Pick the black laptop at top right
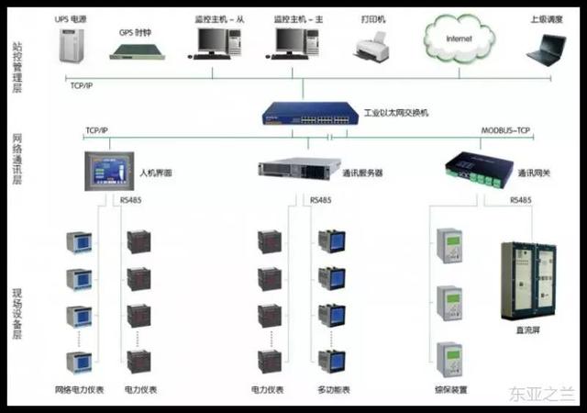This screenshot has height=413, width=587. pyautogui.click(x=548, y=50)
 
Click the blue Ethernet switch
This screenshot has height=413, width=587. pyautogui.click(x=310, y=113)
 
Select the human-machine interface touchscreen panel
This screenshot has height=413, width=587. pyautogui.click(x=107, y=172)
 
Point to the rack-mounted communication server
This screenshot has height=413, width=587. pyautogui.click(x=299, y=170)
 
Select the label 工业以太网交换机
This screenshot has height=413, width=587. pyautogui.click(x=396, y=113)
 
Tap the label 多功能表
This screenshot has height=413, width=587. pyautogui.click(x=332, y=390)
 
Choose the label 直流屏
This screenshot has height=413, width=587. pyautogui.click(x=529, y=329)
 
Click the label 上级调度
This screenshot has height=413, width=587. pyautogui.click(x=548, y=17)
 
